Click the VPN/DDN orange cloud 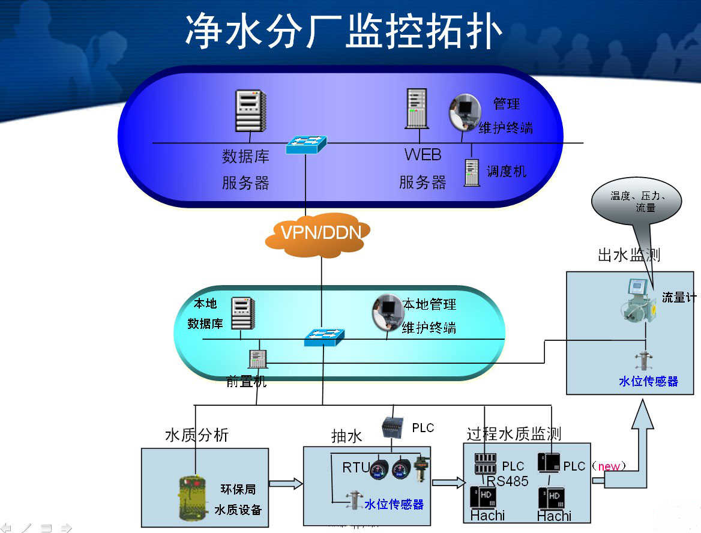tap(318, 233)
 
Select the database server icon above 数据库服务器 tap(250, 111)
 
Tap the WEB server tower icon tap(416, 108)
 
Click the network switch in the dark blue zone tap(306, 145)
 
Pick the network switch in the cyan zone tap(324, 337)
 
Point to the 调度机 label tap(506, 172)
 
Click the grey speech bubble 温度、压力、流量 tap(636, 202)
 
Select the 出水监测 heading tap(628, 254)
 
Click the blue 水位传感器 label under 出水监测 tap(648, 381)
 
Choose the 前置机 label tap(246, 381)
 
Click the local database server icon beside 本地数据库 tap(242, 313)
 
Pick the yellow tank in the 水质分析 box tap(194, 498)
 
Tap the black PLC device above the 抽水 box tap(393, 427)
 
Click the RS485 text tap(507, 481)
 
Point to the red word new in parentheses tap(609, 466)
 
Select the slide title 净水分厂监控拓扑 tap(343, 31)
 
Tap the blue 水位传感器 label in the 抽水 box tap(394, 504)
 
